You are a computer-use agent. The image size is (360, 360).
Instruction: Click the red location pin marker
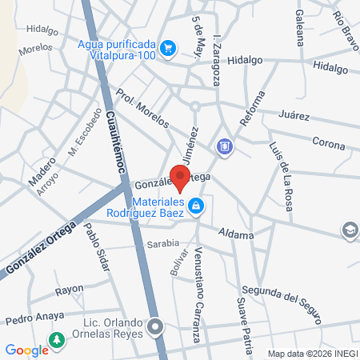[182, 178]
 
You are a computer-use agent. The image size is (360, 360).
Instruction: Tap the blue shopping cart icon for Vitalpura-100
[167, 48]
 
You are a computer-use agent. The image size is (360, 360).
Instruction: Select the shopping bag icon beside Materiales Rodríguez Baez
[196, 207]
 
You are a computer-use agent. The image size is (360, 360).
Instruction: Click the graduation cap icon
[350, 230]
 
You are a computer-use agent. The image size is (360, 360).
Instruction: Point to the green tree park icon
[57, 342]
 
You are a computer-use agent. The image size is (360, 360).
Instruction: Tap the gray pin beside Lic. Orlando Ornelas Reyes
[158, 326]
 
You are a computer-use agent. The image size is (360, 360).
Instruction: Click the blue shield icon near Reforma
[224, 146]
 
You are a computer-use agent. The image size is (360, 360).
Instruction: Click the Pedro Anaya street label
[34, 318]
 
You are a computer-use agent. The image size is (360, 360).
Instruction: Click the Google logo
[26, 350]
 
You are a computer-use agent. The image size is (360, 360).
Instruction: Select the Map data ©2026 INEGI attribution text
[311, 354]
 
